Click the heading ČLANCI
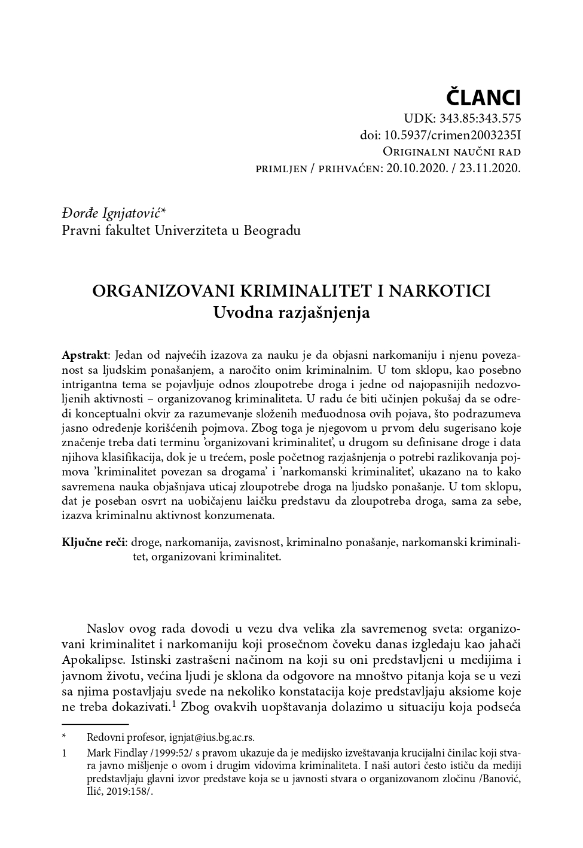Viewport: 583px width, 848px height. tap(484, 96)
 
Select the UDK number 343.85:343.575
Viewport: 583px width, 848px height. tap(480, 118)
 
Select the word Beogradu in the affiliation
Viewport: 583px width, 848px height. tap(272, 230)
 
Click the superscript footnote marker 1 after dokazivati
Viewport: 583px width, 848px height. tap(173, 704)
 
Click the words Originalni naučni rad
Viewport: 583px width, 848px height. tap(451, 151)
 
